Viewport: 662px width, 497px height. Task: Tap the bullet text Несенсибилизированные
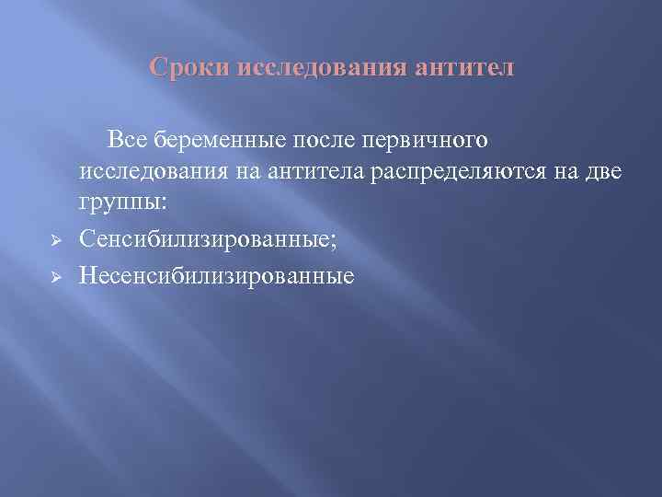[216, 274]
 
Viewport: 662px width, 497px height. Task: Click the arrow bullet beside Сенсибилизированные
[55, 241]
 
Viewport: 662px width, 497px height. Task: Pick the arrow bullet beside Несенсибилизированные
[55, 275]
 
